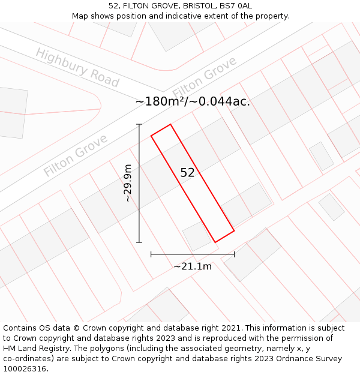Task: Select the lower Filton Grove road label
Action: click(x=76, y=155)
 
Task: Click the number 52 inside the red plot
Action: click(x=187, y=173)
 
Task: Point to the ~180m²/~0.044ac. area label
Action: click(x=193, y=101)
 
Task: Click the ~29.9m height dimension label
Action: click(x=127, y=183)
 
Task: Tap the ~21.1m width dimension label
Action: click(x=193, y=266)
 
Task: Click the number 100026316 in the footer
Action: click(x=25, y=369)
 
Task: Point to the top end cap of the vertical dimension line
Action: click(x=139, y=124)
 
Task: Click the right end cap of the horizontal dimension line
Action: click(x=234, y=254)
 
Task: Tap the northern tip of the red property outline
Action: click(x=170, y=124)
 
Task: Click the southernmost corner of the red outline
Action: click(x=215, y=242)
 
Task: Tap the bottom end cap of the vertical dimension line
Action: click(x=139, y=242)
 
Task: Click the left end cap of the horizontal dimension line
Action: click(x=151, y=254)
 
